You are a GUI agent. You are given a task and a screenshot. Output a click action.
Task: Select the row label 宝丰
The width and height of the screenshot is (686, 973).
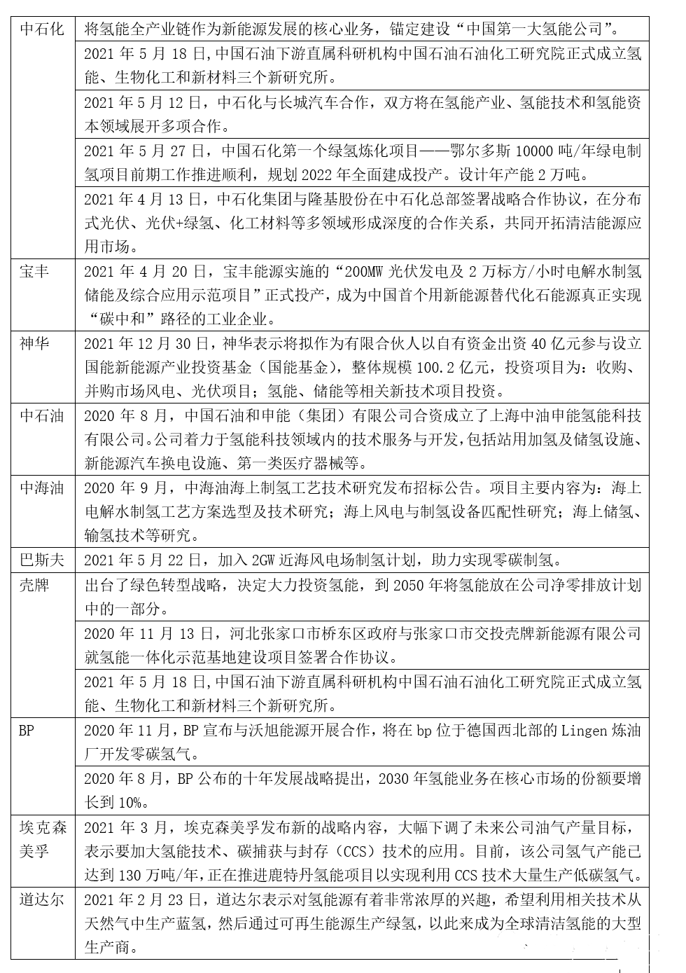coord(34,270)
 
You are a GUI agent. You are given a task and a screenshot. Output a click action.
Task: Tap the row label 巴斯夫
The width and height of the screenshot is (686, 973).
coord(41,560)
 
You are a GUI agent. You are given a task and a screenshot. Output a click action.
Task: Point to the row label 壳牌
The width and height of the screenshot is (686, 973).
coord(34,584)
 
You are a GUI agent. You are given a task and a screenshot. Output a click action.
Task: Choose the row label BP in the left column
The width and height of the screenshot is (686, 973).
coord(26,730)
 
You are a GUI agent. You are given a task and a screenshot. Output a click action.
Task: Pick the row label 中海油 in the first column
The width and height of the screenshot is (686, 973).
coord(41,488)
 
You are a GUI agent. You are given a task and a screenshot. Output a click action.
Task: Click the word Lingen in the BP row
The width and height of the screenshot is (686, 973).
coord(584,730)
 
